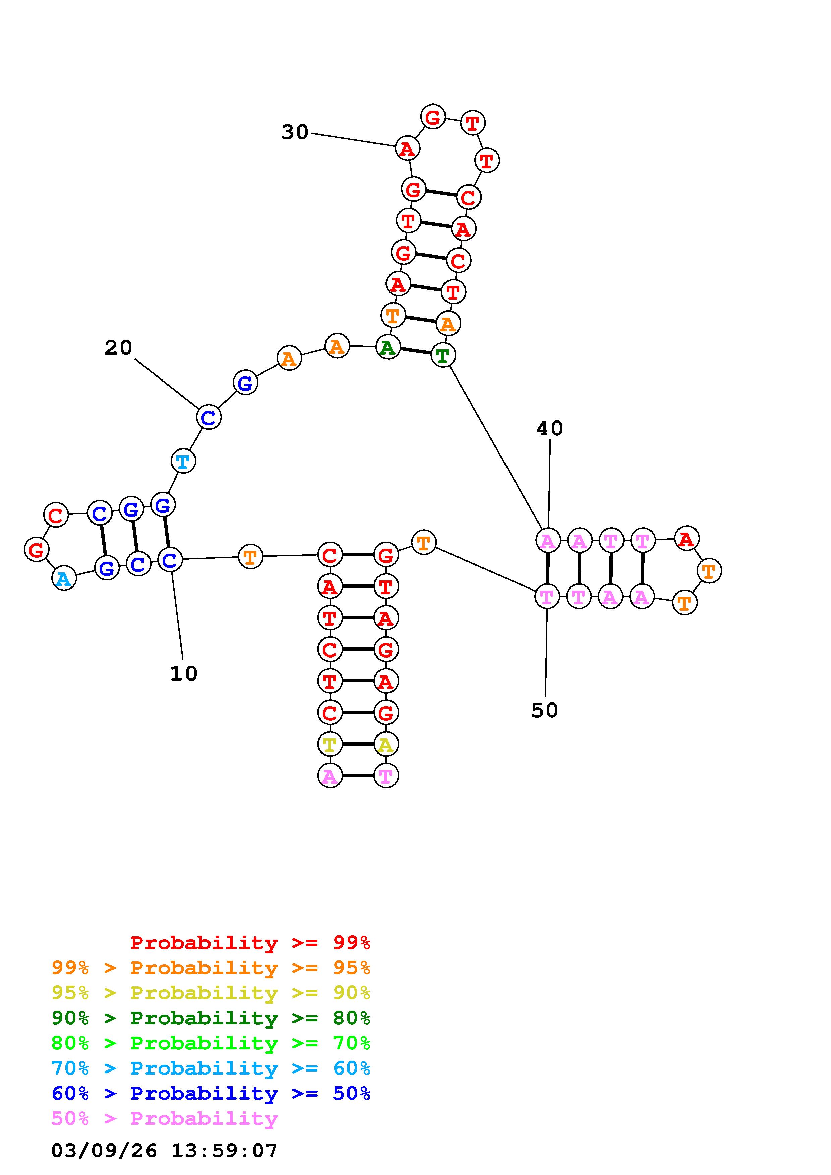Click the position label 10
184,674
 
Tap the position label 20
118,348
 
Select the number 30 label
295,132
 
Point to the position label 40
549,428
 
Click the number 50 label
544,710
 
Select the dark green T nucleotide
443,355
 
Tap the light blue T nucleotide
183,461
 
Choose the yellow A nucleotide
385,744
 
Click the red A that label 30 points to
408,149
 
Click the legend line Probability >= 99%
250,943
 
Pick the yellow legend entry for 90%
211,993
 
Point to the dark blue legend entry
211,1093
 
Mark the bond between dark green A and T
415,351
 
